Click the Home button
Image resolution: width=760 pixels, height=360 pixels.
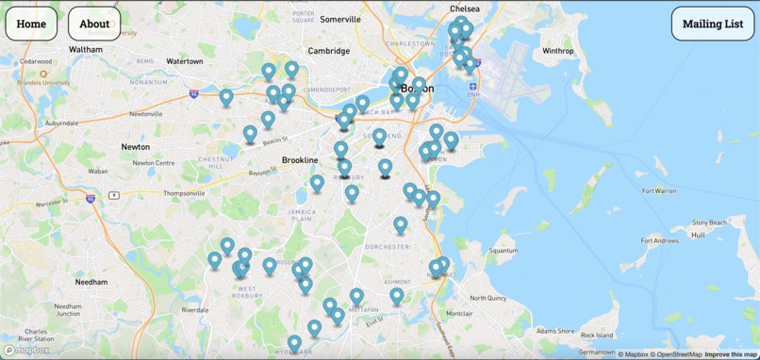coord(31,24)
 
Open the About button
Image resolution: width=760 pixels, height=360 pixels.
coord(94,24)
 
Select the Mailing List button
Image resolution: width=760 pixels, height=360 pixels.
coord(713,24)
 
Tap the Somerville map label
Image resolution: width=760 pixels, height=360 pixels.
coord(340,19)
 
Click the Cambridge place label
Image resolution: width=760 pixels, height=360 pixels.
coord(329,51)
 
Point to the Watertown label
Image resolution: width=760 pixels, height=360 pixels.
coord(185,61)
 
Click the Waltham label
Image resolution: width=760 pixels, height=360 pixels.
coord(86,49)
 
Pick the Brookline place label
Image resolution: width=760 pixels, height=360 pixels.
coord(300,160)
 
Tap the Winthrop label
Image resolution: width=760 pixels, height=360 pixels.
coord(558,51)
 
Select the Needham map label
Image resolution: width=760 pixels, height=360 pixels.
coord(91,282)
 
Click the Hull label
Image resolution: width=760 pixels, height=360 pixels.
coord(698,235)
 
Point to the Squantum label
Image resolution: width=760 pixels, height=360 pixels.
coord(504,251)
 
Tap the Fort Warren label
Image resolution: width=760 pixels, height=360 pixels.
coord(659,191)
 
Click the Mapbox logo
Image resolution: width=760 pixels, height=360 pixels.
coord(26,350)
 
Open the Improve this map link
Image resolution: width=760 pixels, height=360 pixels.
coord(731,354)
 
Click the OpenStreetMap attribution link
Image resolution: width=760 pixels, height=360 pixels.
coord(676,354)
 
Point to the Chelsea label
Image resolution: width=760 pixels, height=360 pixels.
coord(465,8)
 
